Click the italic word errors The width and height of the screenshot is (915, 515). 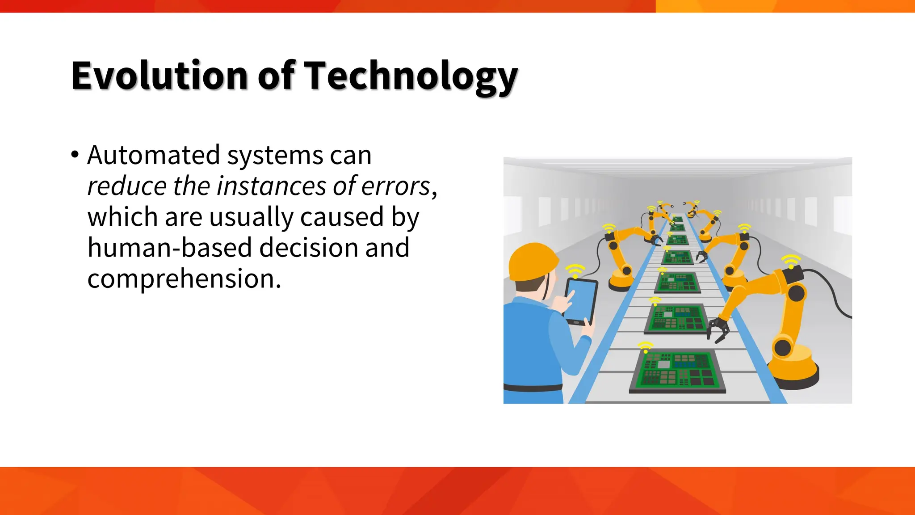pyautogui.click(x=395, y=186)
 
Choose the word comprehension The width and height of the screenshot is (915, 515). pyautogui.click(x=184, y=279)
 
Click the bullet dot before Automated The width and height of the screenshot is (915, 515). pyautogui.click(x=75, y=155)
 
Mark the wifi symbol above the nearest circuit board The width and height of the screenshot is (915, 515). pyautogui.click(x=645, y=346)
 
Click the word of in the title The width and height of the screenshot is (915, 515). pyautogui.click(x=276, y=76)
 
